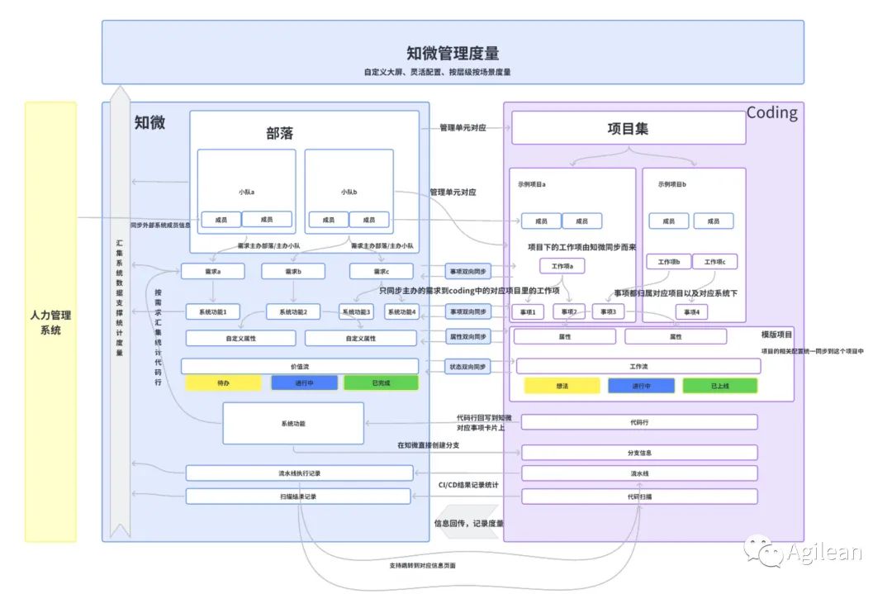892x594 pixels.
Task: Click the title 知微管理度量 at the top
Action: tap(453, 54)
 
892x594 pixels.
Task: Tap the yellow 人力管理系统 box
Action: tap(50, 322)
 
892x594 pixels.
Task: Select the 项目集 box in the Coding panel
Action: tap(628, 128)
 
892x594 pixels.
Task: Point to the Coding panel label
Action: tap(771, 112)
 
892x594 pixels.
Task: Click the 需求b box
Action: tap(293, 271)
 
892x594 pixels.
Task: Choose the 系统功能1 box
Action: tap(213, 311)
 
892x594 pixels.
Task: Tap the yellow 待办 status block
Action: tap(223, 383)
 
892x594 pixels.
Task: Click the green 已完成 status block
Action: tap(381, 383)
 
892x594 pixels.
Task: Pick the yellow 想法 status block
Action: tap(562, 386)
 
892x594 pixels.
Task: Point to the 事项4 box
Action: tap(691, 311)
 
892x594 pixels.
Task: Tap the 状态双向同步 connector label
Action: tap(467, 367)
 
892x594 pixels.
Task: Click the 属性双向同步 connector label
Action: tap(467, 337)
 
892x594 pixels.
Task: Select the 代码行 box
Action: tap(639, 422)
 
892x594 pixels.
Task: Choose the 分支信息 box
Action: tap(639, 453)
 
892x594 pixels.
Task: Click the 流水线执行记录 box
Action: tap(299, 473)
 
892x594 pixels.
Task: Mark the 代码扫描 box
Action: tap(639, 497)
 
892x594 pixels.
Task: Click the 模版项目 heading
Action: tap(776, 335)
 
